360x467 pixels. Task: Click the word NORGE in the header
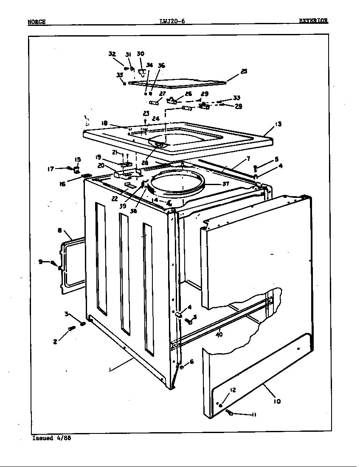click(37, 22)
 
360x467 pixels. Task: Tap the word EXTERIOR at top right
click(313, 21)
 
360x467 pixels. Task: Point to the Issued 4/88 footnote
click(51, 438)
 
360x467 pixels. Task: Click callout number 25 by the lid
click(243, 72)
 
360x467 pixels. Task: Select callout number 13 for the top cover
click(278, 124)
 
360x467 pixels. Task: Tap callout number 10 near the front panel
click(277, 400)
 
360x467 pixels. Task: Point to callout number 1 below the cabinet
click(110, 370)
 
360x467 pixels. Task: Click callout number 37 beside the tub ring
click(225, 184)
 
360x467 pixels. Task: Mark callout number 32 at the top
click(112, 54)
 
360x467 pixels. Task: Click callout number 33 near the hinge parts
click(236, 98)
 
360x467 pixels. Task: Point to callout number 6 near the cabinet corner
click(191, 361)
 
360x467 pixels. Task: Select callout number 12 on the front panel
click(233, 390)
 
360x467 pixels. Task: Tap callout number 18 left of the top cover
click(104, 123)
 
